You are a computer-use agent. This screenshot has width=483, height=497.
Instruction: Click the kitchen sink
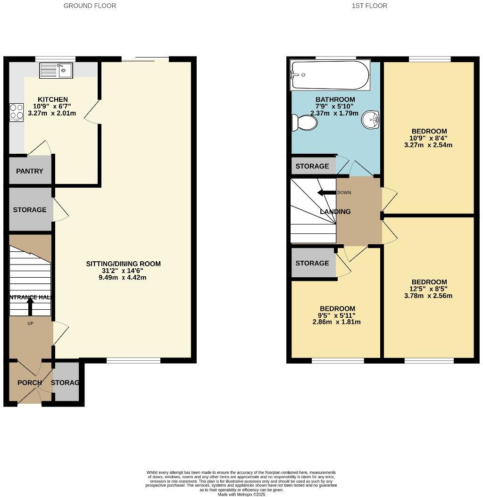click(55, 71)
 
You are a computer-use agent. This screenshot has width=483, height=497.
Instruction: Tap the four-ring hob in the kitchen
click(17, 112)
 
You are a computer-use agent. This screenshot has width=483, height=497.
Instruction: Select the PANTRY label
click(30, 171)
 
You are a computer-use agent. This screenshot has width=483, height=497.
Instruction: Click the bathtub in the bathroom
click(330, 75)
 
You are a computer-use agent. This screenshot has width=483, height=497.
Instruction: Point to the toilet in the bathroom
click(304, 123)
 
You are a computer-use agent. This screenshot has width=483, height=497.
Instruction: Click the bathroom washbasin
click(370, 120)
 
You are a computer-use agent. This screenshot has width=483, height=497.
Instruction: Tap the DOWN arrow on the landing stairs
click(326, 192)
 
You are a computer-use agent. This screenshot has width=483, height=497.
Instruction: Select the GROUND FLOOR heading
click(90, 6)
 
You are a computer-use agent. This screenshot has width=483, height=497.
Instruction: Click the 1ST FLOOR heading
click(369, 6)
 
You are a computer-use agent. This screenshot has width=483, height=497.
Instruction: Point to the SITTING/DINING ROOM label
click(123, 264)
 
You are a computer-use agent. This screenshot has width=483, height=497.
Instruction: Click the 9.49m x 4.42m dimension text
click(123, 277)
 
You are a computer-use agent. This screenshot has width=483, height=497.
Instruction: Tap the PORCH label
click(30, 382)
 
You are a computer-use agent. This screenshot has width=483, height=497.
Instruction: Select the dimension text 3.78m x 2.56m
click(429, 296)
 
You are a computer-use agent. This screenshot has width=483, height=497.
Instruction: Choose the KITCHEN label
click(53, 99)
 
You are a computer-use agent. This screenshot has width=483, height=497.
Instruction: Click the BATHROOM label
click(335, 99)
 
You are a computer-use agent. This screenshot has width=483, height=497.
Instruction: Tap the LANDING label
click(335, 212)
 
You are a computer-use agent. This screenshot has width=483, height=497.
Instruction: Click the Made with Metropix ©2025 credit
click(241, 494)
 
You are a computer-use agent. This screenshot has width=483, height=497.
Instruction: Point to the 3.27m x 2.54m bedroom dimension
click(429, 145)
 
